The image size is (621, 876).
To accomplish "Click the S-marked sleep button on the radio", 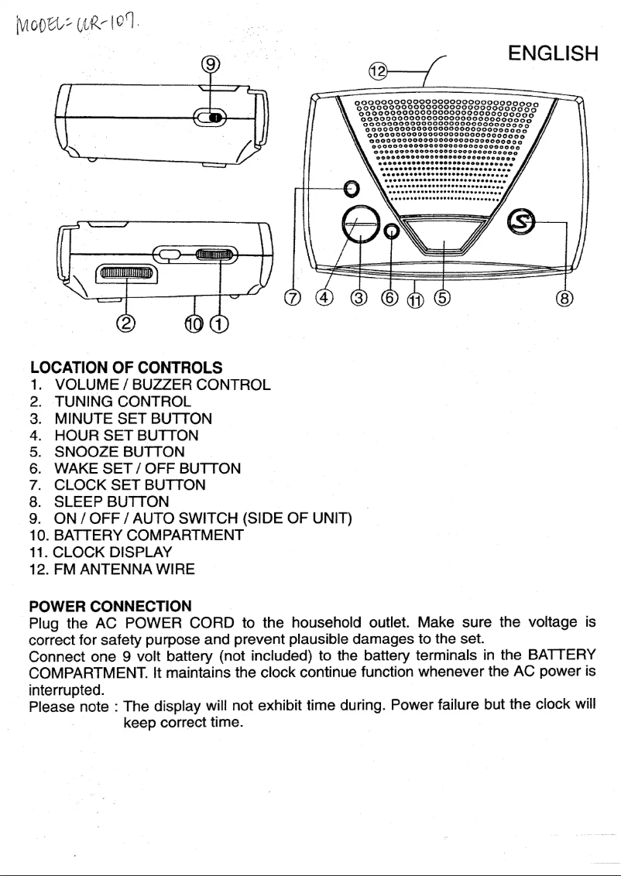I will [x=520, y=223].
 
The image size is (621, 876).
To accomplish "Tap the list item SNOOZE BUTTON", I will [x=119, y=451].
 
